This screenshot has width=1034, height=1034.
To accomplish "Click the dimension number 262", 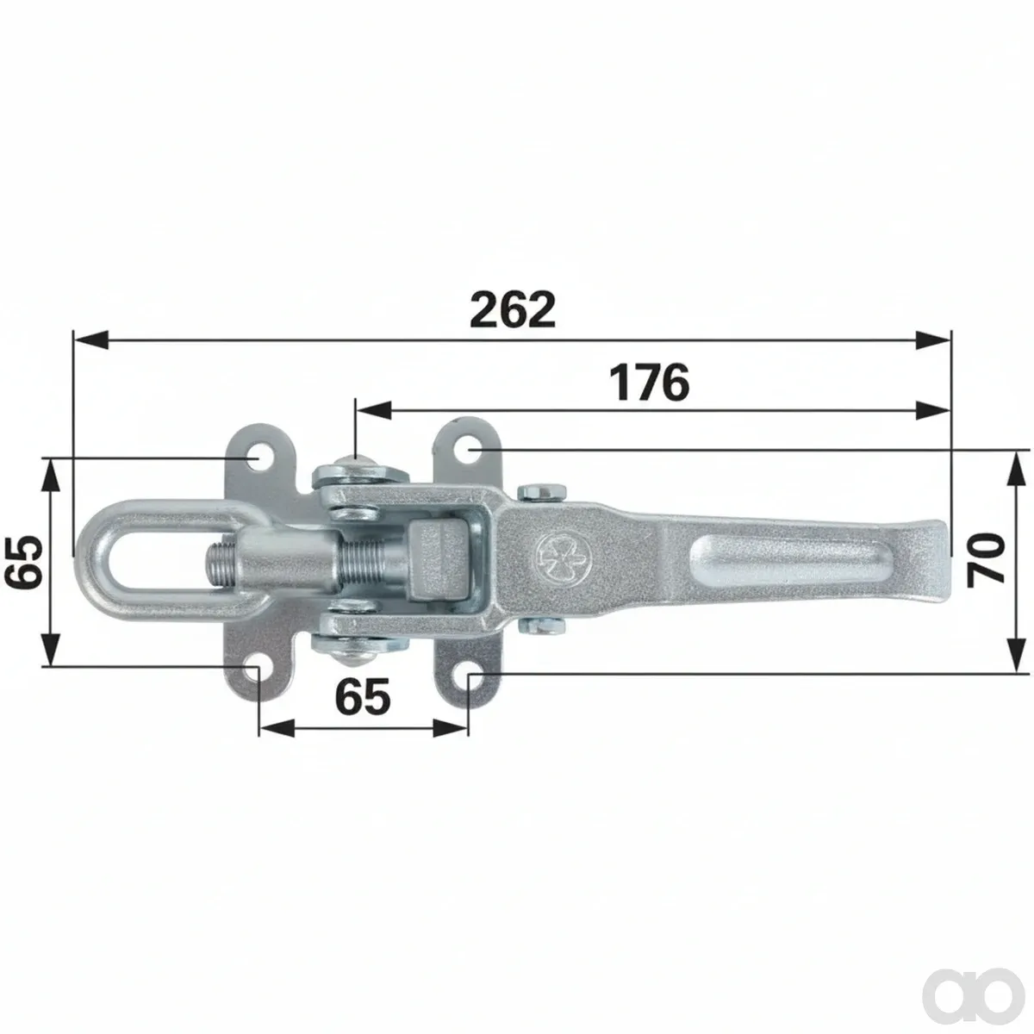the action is click(x=513, y=310).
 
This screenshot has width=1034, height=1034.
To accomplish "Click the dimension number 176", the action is click(x=650, y=383).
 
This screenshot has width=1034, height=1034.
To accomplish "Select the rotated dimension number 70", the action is click(x=986, y=560).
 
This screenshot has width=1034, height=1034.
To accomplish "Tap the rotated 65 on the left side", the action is click(x=23, y=561).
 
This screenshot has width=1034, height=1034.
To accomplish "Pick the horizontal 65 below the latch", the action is click(x=363, y=697).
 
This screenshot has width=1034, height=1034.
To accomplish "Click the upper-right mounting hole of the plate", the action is click(x=469, y=450).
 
